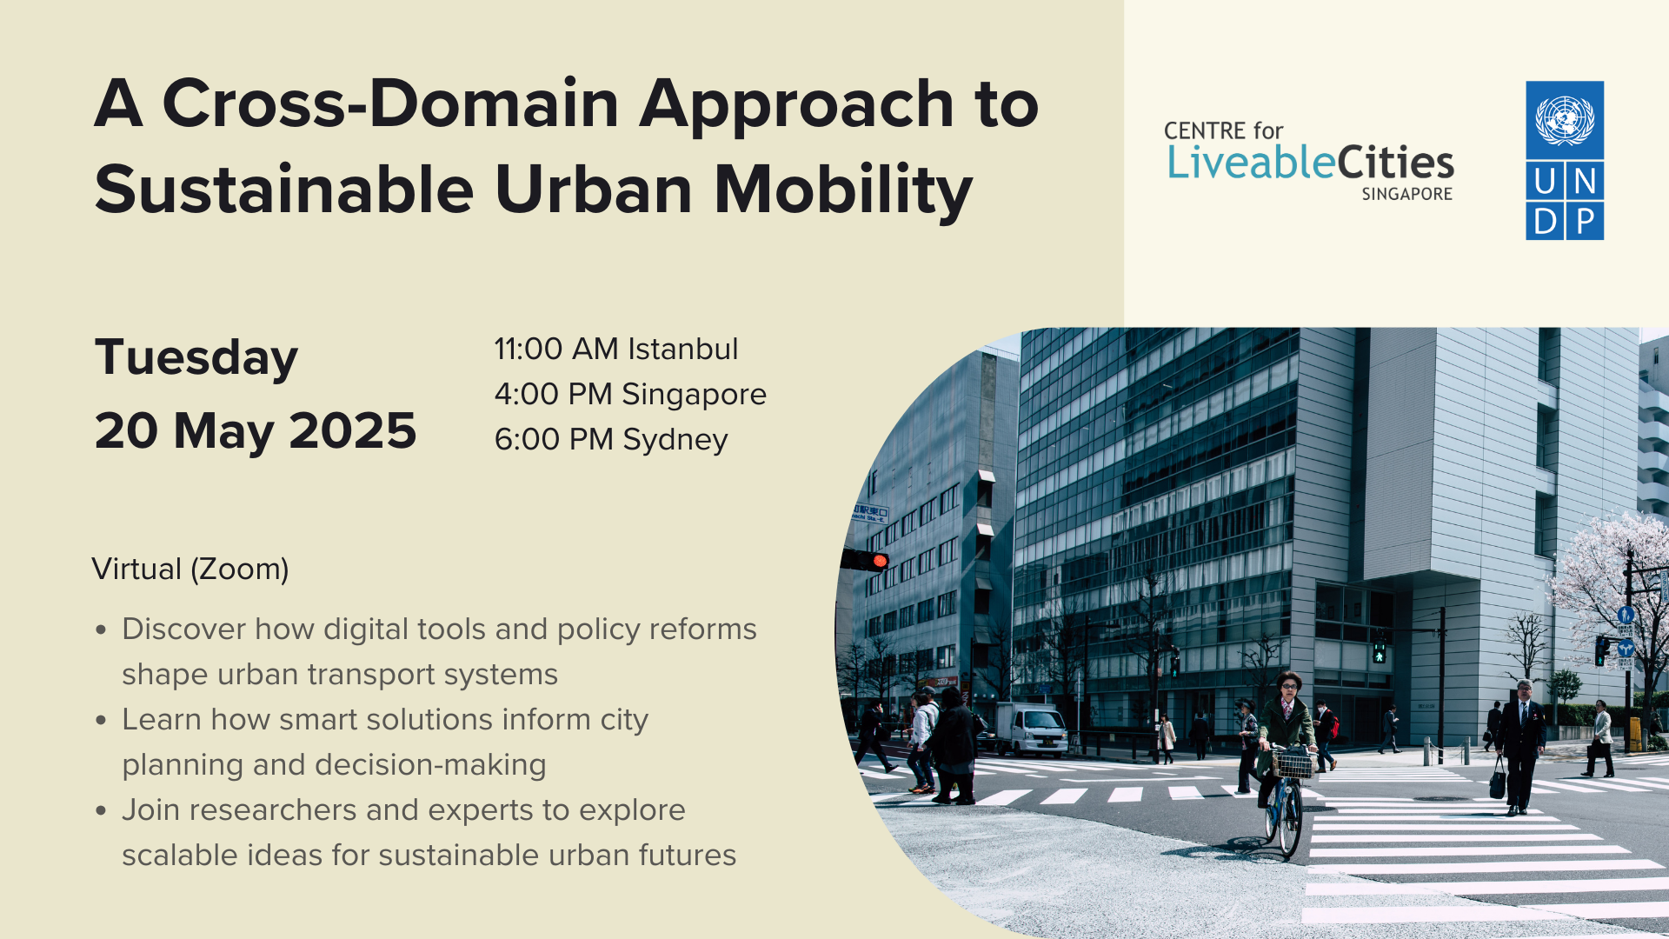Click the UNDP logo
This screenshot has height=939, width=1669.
(x=1565, y=161)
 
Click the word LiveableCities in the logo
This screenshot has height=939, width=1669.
(x=1310, y=163)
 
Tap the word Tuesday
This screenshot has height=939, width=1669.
(x=196, y=357)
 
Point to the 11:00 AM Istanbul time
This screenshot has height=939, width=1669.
(x=615, y=349)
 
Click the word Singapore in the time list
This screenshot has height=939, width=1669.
(x=694, y=394)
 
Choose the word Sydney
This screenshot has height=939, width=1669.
(x=675, y=440)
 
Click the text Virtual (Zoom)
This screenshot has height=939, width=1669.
(x=190, y=569)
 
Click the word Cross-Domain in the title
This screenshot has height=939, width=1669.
(x=389, y=103)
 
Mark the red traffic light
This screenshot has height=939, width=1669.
(x=880, y=561)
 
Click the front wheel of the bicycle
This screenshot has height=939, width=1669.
(x=1291, y=822)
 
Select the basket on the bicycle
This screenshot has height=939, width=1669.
(x=1294, y=764)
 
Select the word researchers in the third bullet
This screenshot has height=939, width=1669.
(x=273, y=810)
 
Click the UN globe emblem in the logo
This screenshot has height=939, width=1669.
(x=1565, y=120)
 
